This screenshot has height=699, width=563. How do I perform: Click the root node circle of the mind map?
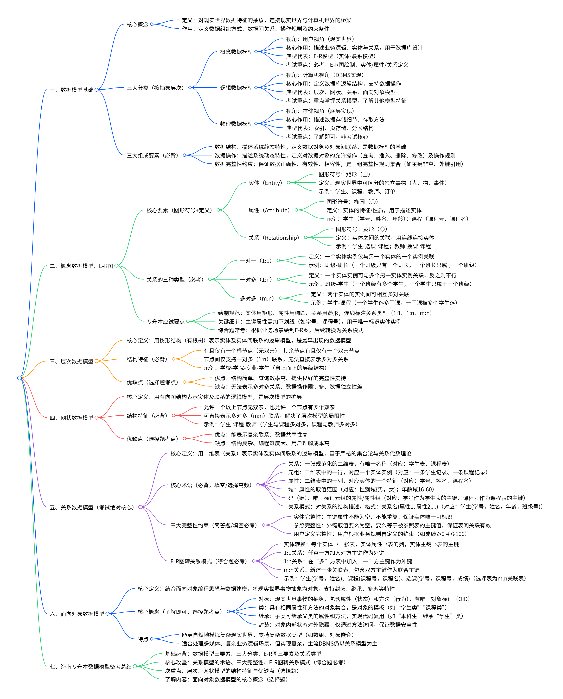20,378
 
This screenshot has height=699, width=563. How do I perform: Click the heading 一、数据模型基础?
71,90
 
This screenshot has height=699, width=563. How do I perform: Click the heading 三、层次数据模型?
71,361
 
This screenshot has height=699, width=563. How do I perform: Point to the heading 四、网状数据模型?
71,418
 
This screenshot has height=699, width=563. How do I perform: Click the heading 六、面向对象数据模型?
77,614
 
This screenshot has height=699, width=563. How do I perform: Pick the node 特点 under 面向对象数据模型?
143,639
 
